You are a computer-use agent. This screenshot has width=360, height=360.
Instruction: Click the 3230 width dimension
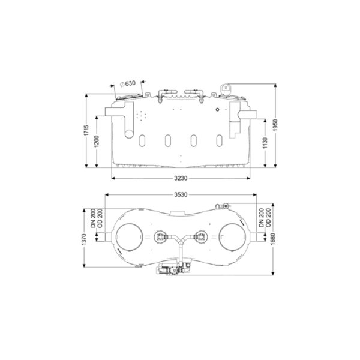pos(181,178)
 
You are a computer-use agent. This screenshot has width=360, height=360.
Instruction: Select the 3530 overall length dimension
pos(181,194)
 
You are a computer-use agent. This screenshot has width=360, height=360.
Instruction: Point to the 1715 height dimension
pos(86,130)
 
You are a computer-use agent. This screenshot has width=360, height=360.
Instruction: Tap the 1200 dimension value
pos(97,142)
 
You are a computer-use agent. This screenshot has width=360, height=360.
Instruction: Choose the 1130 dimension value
pos(265,143)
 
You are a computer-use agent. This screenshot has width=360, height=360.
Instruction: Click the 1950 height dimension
pos(275,125)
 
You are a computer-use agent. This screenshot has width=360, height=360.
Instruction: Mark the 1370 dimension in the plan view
pos(84,239)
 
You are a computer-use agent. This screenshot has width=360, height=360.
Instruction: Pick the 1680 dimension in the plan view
pos(273,239)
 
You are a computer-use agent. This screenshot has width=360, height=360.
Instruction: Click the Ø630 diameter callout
pos(128,83)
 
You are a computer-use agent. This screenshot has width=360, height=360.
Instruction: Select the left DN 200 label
pos(93,218)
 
